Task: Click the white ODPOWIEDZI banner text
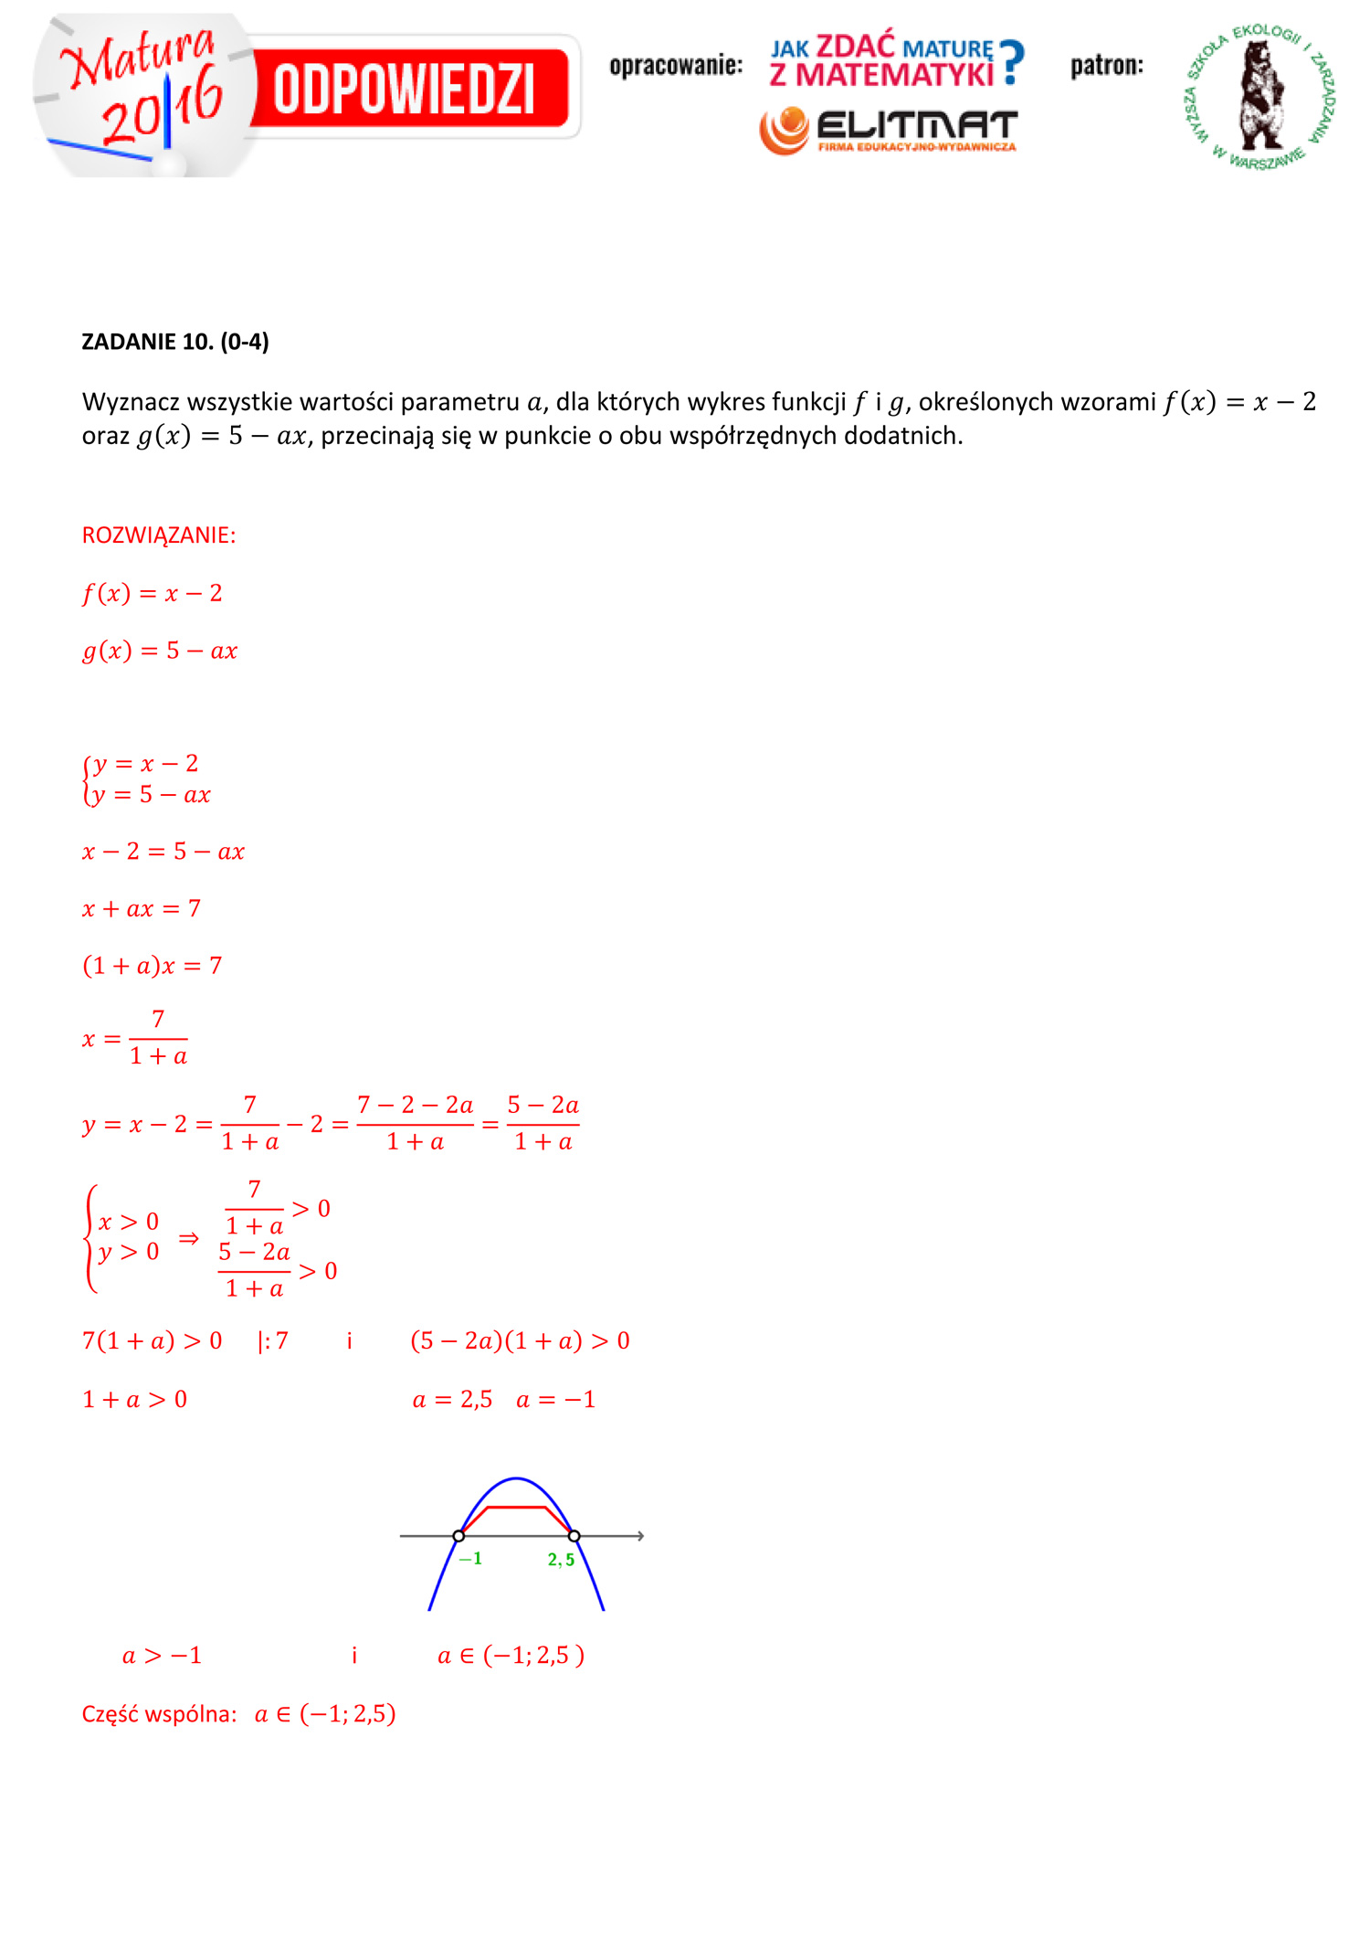[404, 90]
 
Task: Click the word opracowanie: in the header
[676, 66]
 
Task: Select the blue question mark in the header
[1011, 62]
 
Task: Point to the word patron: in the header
[1107, 66]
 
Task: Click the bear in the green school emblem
[1261, 95]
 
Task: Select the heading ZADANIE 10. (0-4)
[175, 342]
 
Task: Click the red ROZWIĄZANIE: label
[159, 535]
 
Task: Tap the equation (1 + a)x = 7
[153, 966]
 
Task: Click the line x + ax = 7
[142, 908]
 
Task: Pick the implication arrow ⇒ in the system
[188, 1238]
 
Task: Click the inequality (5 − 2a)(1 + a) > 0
[520, 1340]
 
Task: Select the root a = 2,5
[452, 1399]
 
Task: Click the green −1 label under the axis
[470, 1558]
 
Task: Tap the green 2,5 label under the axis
[561, 1559]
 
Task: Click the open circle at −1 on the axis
[458, 1536]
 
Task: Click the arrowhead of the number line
[640, 1536]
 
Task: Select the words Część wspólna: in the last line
[159, 1714]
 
